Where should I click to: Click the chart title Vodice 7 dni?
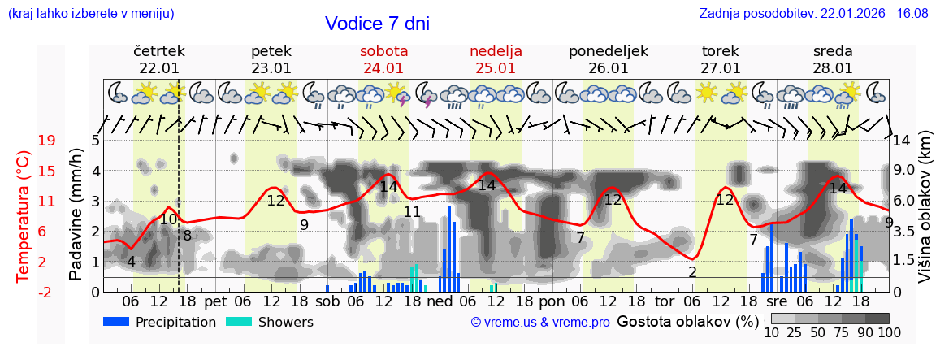pos(377,24)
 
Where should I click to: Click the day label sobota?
pos(383,51)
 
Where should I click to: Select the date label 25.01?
pos(496,68)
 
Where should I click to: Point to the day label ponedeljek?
pos(608,51)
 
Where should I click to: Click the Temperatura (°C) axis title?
pos(24,216)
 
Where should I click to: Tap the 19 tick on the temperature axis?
pos(46,141)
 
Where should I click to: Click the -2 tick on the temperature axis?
pos(46,292)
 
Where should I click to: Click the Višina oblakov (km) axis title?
pos(925,216)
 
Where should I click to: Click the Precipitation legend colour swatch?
pos(117,322)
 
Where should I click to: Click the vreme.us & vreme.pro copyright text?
pos(540,323)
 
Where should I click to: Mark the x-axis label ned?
pos(440,301)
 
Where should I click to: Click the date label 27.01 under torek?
pos(721,68)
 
